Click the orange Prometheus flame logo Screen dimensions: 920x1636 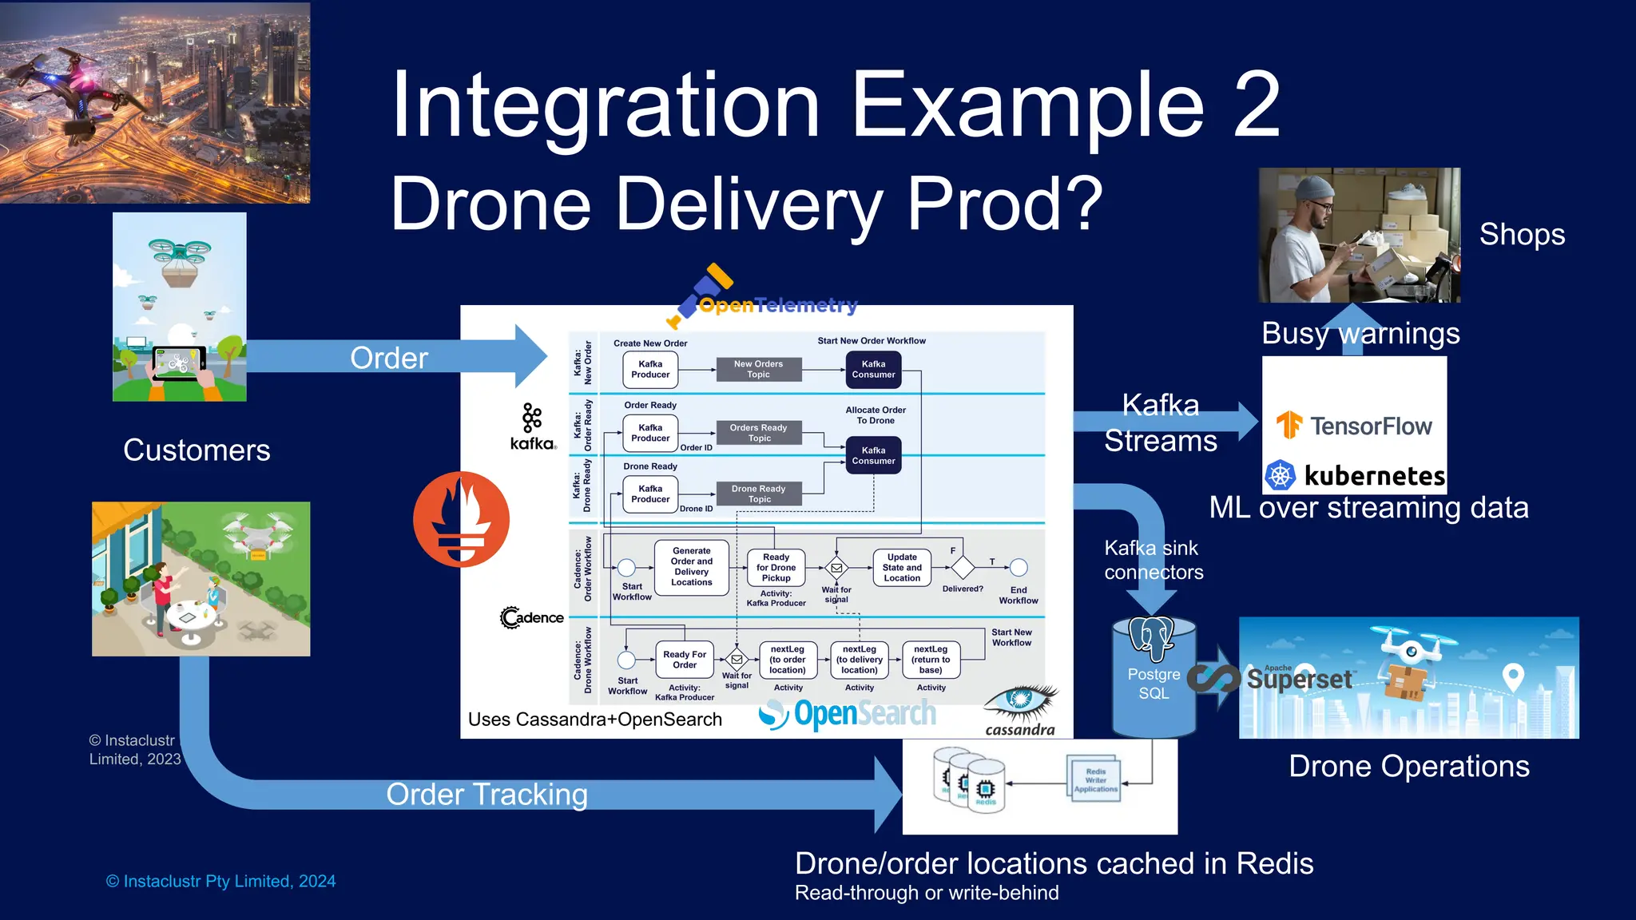point(461,519)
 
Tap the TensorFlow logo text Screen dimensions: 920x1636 point(1371,426)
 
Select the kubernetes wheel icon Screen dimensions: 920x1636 point(1280,475)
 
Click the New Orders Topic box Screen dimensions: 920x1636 point(758,369)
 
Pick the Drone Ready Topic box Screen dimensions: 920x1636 point(758,494)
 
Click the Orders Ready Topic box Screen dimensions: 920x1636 point(758,433)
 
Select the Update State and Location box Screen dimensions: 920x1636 point(902,568)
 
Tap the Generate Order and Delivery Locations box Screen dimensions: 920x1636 point(691,567)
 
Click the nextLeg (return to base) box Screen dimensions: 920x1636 point(931,660)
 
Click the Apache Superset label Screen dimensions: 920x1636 point(1299,679)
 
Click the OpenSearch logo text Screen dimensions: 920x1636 point(864,713)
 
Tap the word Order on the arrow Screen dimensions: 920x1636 point(389,358)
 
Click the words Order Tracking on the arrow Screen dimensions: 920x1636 point(486,795)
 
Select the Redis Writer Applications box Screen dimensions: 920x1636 point(1095,780)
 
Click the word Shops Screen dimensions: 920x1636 point(1521,235)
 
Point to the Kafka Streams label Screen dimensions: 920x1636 point(1160,423)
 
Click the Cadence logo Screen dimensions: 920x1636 point(532,617)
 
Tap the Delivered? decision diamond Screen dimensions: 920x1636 point(963,568)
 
